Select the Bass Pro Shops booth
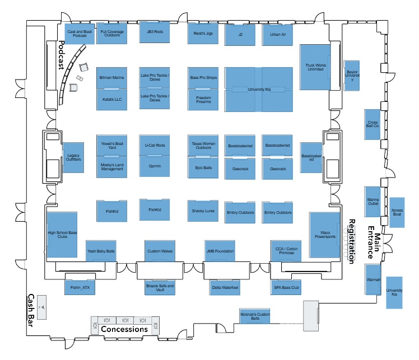pos(203,77)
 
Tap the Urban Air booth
pos(278,35)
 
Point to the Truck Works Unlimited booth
pos(314,67)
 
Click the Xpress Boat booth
pos(397,212)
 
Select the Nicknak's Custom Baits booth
pos(255,316)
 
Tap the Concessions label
pos(124,329)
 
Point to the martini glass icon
pos(41,307)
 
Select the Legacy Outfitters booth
pos(74,158)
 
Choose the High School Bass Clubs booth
pos(62,235)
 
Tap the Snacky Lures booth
pos(203,210)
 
